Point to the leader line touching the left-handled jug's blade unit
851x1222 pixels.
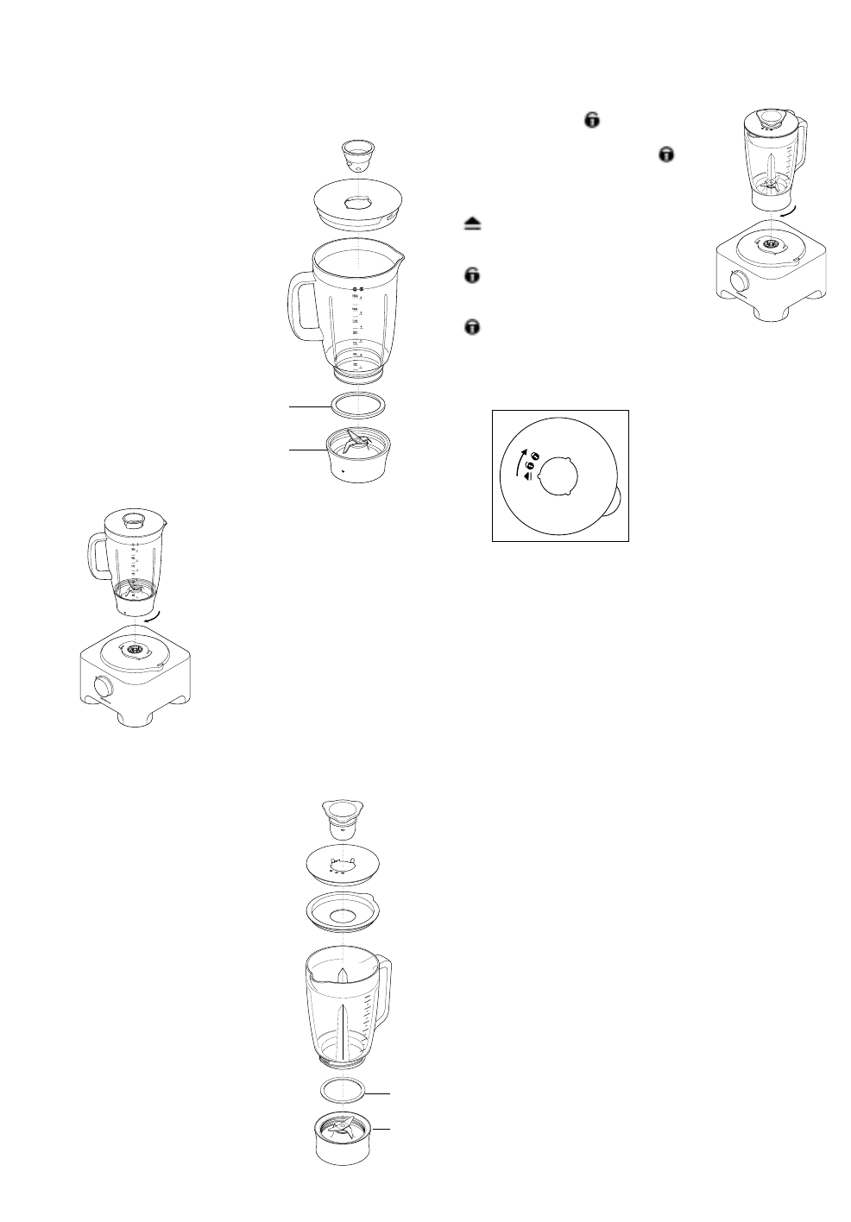pos(306,449)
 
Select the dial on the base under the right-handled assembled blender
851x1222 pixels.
pos(740,281)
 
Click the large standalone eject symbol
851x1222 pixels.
pos(472,224)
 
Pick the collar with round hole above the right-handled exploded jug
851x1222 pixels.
pos(344,916)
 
